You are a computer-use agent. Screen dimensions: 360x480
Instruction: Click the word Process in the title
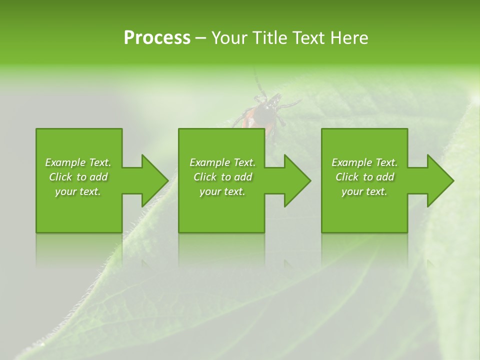coord(157,38)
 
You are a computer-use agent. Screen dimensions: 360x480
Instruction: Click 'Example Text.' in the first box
coord(78,162)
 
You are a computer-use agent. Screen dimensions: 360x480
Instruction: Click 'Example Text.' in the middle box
coord(222,162)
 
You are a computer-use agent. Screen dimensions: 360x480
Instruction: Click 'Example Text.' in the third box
coord(364,162)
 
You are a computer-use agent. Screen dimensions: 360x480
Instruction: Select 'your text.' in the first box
coord(78,191)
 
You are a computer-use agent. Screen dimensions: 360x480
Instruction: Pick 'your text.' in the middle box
coord(222,191)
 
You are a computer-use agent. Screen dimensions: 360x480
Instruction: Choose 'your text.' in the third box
coord(364,191)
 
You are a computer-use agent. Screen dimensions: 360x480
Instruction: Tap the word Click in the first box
coord(61,177)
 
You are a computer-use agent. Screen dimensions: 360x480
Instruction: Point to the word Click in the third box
coord(347,177)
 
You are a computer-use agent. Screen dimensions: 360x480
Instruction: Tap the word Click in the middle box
coord(205,177)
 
